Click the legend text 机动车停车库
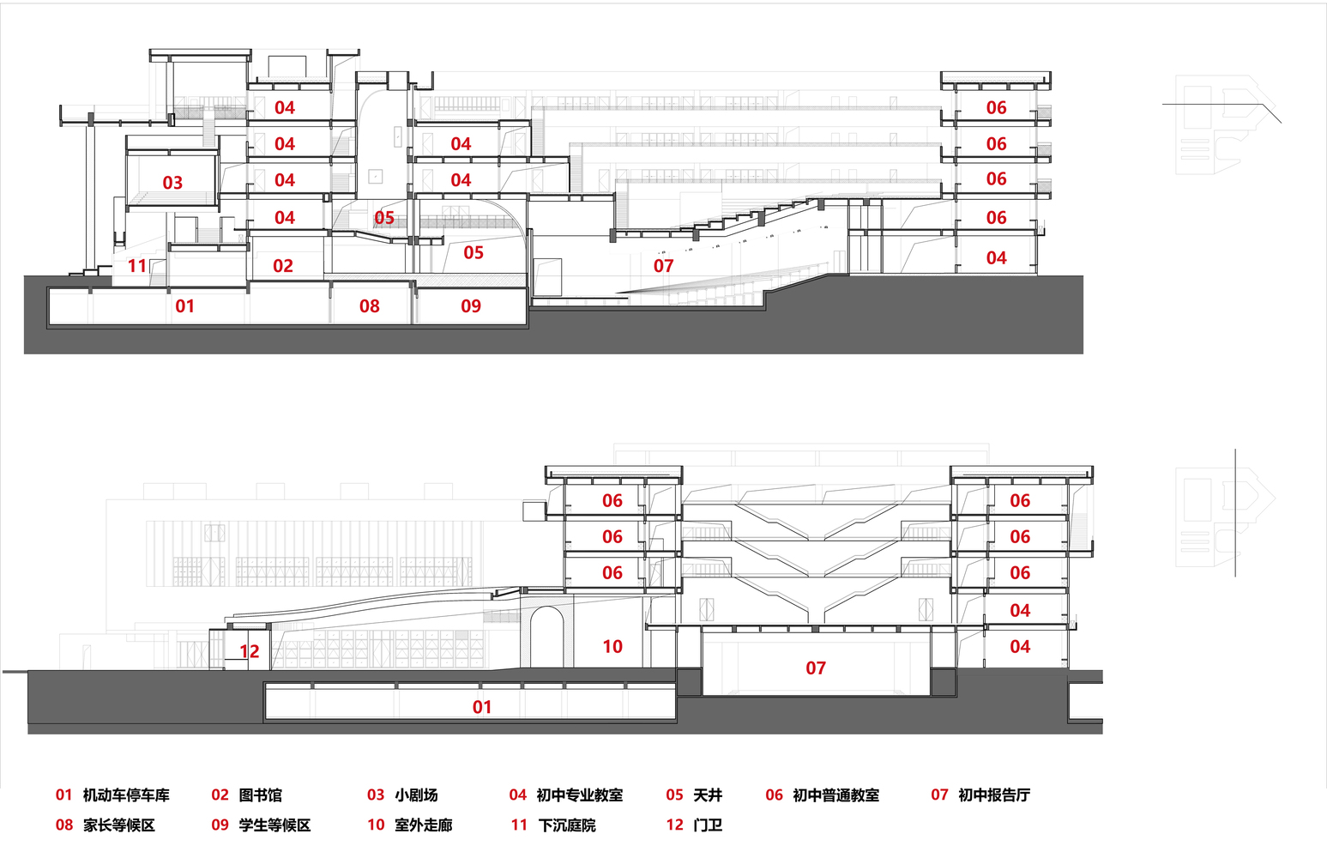(x=126, y=795)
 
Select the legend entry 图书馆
(x=260, y=795)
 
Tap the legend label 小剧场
(x=416, y=795)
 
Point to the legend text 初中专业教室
(x=579, y=795)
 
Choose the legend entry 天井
(x=708, y=795)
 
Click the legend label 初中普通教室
(x=835, y=795)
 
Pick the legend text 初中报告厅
(x=993, y=795)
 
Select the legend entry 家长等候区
(x=119, y=825)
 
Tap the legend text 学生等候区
(x=274, y=825)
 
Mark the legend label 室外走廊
(x=423, y=825)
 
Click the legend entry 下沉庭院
(x=566, y=825)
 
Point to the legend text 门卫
(x=708, y=825)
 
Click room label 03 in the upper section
(x=172, y=183)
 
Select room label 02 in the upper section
(x=283, y=267)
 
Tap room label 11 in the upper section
(x=137, y=266)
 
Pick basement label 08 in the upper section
(x=370, y=306)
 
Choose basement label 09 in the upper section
(x=471, y=306)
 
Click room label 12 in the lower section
(x=250, y=652)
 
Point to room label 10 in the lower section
(x=612, y=647)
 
